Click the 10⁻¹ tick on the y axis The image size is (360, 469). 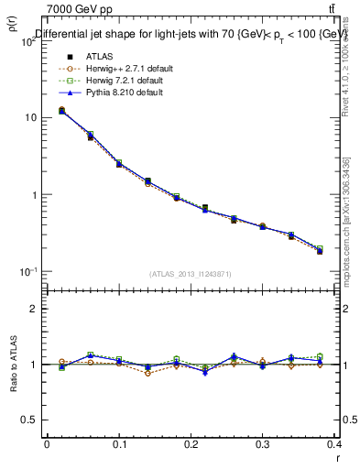(28, 272)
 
